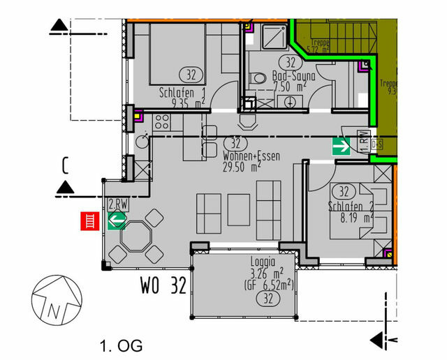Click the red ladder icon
pos(89,221)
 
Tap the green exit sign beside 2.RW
pos(117,221)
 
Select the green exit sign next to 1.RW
pos(342,146)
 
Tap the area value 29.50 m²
pos(242,167)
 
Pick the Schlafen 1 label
pos(182,91)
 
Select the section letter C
pos(64,165)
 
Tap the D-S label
pos(378,144)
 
